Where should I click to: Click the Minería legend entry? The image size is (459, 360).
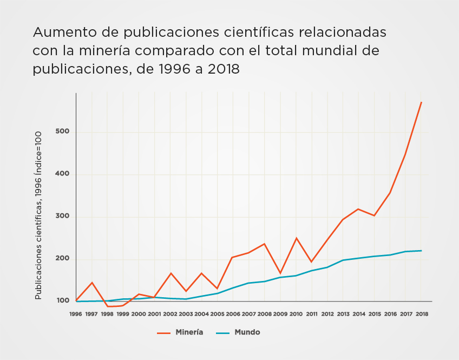click(189, 332)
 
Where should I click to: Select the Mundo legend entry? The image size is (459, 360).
click(247, 332)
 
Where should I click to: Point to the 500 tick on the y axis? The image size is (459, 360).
click(62, 132)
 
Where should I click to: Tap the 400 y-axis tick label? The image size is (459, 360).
click(62, 174)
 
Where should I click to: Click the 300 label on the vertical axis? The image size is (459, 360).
click(62, 217)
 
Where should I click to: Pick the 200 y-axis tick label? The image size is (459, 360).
click(62, 259)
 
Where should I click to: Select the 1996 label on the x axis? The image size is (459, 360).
click(76, 313)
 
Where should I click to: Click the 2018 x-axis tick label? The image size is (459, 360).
click(422, 313)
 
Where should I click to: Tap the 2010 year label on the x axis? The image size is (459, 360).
click(296, 313)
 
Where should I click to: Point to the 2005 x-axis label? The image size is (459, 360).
click(217, 313)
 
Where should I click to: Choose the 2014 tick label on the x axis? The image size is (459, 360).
click(359, 313)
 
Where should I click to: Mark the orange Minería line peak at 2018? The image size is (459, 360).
click(421, 102)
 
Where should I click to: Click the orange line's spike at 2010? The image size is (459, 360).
click(296, 238)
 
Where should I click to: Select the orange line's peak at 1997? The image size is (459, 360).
click(92, 283)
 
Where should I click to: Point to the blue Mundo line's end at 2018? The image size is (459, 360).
click(421, 251)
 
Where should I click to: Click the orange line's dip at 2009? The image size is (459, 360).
click(280, 273)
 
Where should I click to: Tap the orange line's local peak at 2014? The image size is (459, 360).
click(358, 209)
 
